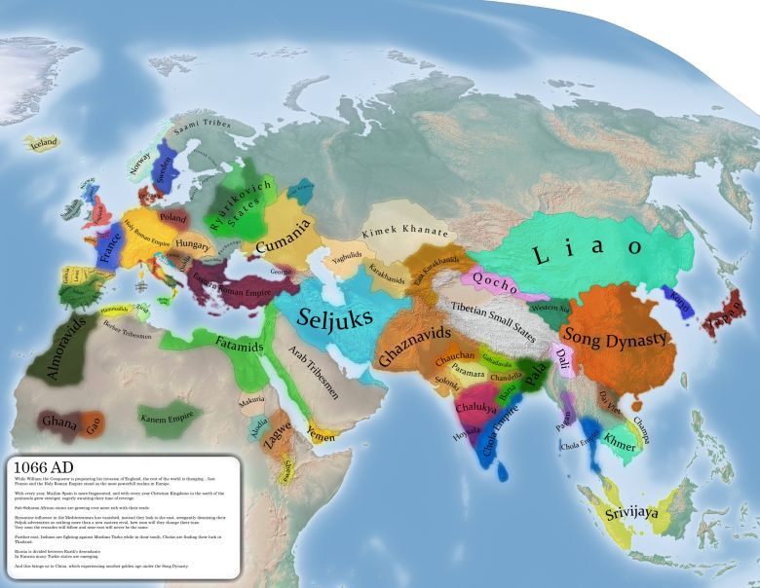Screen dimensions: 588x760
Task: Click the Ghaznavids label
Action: tap(415, 345)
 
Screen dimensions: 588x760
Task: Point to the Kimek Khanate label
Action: tap(404, 233)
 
